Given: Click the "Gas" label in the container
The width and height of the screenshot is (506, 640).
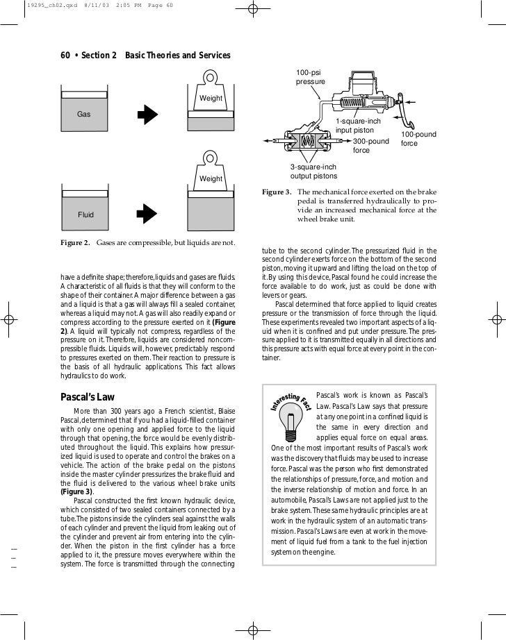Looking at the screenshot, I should click(83, 112).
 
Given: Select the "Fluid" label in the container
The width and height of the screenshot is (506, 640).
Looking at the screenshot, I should click(85, 214).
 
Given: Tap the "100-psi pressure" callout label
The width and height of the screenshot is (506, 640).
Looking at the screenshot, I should click(310, 77).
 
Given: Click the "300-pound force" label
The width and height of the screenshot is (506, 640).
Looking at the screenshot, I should click(371, 146).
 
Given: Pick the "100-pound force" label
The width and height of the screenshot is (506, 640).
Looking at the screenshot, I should click(418, 139).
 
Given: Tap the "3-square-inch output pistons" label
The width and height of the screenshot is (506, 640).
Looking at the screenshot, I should click(313, 171).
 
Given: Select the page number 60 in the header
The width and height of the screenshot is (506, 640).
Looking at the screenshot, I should click(67, 56).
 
